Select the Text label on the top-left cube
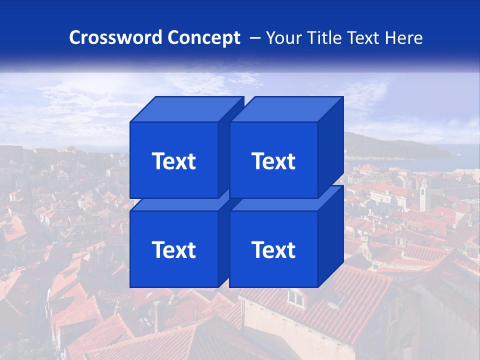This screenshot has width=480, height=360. [173, 161]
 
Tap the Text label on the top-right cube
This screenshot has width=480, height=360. [273, 161]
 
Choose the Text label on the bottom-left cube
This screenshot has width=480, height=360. [173, 249]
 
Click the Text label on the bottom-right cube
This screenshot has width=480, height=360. [273, 249]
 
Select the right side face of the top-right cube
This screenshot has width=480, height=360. [330, 145]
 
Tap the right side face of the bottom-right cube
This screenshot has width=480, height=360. [330, 235]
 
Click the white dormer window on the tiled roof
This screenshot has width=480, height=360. [295, 298]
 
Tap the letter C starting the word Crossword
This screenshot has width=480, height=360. [75, 37]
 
